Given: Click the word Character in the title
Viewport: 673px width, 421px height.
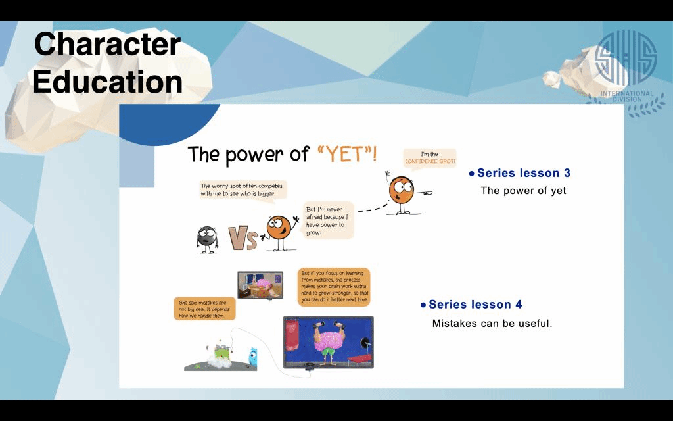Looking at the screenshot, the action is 107,44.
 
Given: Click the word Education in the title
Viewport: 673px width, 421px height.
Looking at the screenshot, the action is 107,82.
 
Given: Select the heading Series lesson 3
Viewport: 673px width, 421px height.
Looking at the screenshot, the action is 524,173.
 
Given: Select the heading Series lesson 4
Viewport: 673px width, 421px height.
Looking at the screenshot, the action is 475,305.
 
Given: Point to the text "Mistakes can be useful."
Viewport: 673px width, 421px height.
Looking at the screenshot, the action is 492,324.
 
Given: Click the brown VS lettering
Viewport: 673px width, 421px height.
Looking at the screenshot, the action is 243,239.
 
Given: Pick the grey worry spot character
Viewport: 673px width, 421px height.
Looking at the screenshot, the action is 207,239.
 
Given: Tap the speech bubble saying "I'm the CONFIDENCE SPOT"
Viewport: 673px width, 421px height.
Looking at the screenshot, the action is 430,158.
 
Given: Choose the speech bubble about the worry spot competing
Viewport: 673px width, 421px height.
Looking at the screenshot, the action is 242,190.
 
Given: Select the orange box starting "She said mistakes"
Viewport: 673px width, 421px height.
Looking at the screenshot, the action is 205,309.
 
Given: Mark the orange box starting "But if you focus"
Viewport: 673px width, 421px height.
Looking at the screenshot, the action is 334,287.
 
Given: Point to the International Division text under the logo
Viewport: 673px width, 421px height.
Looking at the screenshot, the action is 627,96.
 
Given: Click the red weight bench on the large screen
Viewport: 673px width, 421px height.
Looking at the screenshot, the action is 360,359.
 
